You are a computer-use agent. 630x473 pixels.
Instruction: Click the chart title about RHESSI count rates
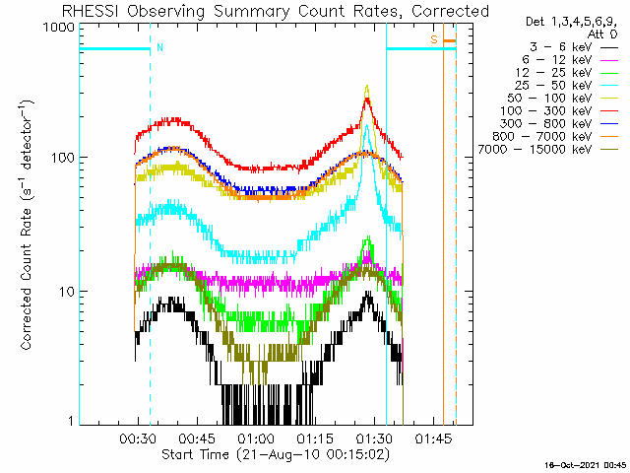coord(276,11)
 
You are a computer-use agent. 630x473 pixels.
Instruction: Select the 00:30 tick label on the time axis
coord(138,437)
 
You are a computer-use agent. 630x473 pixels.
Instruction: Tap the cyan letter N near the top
coord(159,47)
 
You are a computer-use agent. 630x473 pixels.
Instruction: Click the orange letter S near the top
coord(433,39)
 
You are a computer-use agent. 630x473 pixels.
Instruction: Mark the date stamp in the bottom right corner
coord(587,464)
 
